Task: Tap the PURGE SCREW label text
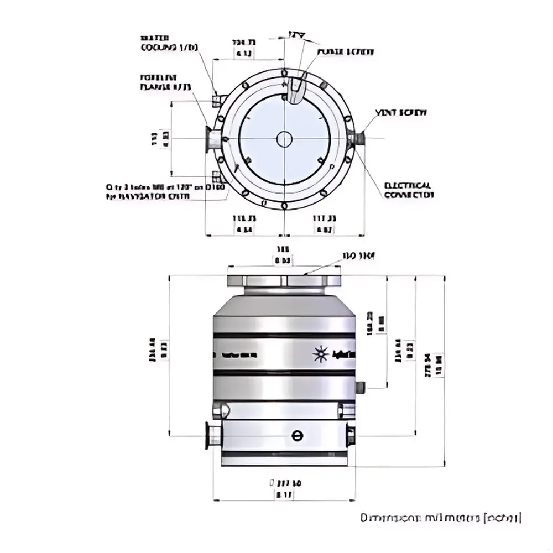pos(346,52)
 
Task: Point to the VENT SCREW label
pos(401,113)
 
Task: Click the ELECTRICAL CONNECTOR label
pos(408,190)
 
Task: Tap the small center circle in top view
pos(284,138)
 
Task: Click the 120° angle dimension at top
pos(296,35)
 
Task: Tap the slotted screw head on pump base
pos(297,436)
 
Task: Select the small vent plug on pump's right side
pos(361,387)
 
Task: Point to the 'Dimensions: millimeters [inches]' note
pos(440,518)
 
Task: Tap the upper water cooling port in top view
pos(217,100)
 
